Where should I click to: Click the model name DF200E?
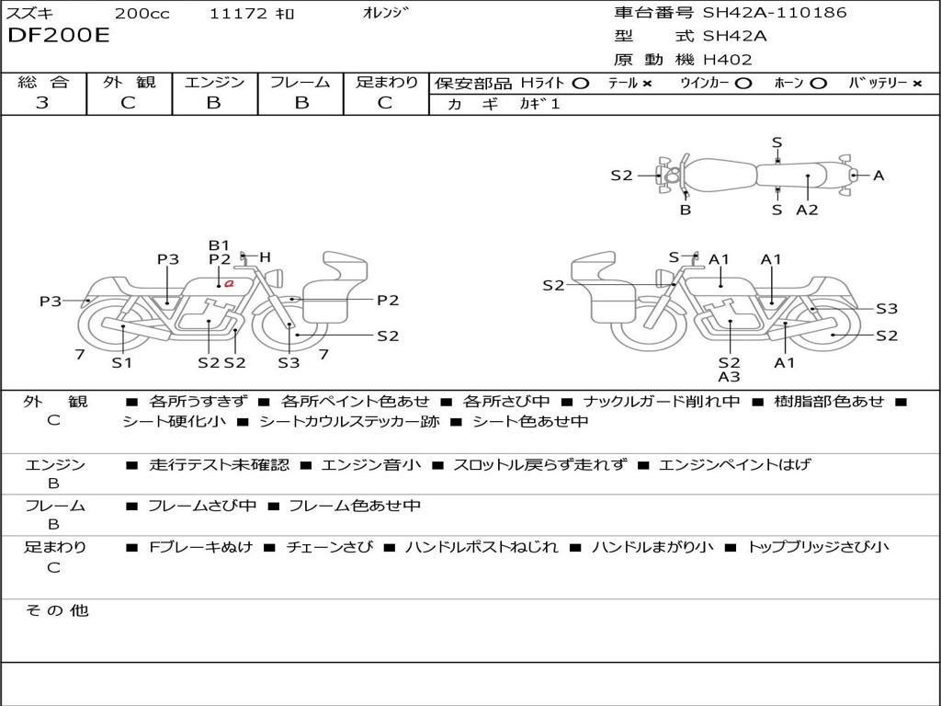pyautogui.click(x=59, y=36)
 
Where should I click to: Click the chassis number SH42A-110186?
pyautogui.click(x=775, y=12)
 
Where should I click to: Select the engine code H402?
pyautogui.click(x=728, y=60)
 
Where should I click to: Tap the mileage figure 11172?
pyautogui.click(x=238, y=13)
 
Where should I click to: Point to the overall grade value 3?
pyautogui.click(x=42, y=103)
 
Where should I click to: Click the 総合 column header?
pyautogui.click(x=43, y=82)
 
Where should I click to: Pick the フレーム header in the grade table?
pyautogui.click(x=300, y=82)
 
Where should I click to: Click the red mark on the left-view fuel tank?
pyautogui.click(x=229, y=283)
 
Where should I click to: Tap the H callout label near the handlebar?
pyautogui.click(x=266, y=257)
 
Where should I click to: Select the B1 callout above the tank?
pyautogui.click(x=219, y=245)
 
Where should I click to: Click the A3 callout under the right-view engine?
pyautogui.click(x=729, y=377)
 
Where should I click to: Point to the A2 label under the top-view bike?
pyautogui.click(x=807, y=211)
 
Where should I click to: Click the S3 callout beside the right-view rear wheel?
pyautogui.click(x=887, y=309)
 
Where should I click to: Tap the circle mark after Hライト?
pyautogui.click(x=581, y=84)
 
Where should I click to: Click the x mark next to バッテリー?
pyautogui.click(x=917, y=84)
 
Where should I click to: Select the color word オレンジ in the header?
pyautogui.click(x=386, y=13)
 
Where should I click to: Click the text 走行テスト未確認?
pyautogui.click(x=219, y=464)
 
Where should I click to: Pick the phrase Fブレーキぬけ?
pyautogui.click(x=200, y=547)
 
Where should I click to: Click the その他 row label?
pyautogui.click(x=57, y=610)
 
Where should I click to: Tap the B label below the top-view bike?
pyautogui.click(x=686, y=211)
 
